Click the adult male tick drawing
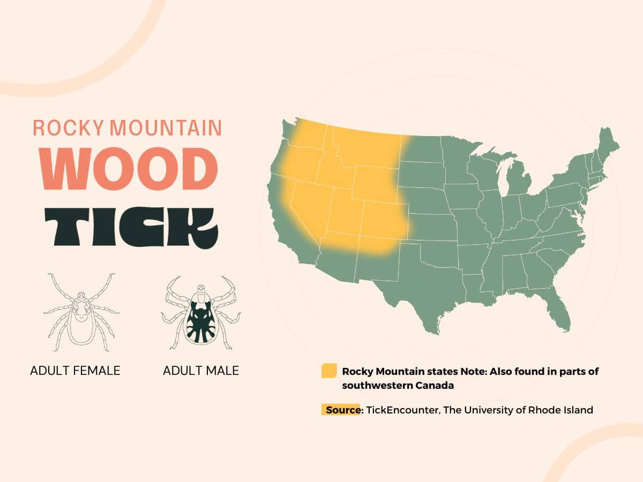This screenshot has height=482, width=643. [x=200, y=313]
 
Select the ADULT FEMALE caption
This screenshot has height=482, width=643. [x=75, y=371]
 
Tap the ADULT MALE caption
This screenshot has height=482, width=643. [x=201, y=371]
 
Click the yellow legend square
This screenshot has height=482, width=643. [x=328, y=371]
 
